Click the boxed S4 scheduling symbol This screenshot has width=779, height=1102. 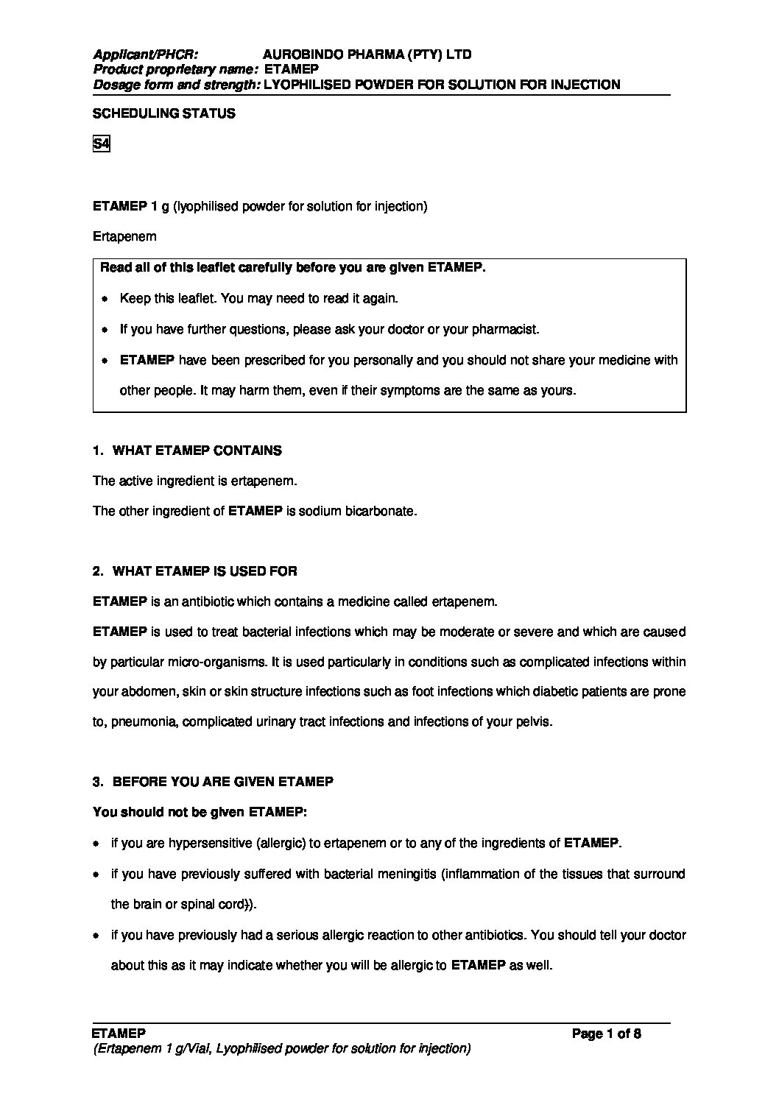pyautogui.click(x=101, y=144)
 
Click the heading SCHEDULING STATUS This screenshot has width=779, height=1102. pyautogui.click(x=164, y=113)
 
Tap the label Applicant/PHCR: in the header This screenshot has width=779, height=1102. pyautogui.click(x=145, y=54)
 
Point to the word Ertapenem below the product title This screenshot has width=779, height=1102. pyautogui.click(x=124, y=237)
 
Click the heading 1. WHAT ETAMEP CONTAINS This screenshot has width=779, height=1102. pyautogui.click(x=187, y=451)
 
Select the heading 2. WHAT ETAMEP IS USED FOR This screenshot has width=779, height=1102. pyautogui.click(x=195, y=571)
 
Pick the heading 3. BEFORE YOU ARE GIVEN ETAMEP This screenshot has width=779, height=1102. pyautogui.click(x=213, y=781)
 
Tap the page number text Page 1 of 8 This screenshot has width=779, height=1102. pyautogui.click(x=606, y=1034)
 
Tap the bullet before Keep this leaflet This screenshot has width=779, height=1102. pyautogui.click(x=105, y=300)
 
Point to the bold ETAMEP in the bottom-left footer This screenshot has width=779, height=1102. pyautogui.click(x=119, y=1034)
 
